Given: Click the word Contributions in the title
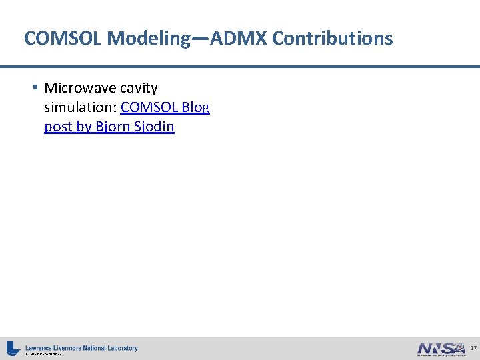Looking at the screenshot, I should click(333, 39).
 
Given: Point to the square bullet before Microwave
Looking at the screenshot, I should click(35, 87).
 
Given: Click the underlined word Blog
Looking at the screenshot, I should click(195, 107).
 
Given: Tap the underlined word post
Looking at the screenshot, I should click(59, 127).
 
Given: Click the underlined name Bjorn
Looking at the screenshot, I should click(113, 127).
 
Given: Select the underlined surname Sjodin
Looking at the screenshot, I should click(155, 127).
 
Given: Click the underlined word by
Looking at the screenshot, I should click(84, 127).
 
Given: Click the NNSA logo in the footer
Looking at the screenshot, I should click(440, 349).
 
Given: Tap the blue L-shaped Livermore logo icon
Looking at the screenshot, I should click(13, 348).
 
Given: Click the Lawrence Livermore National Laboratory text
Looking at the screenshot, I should click(81, 347).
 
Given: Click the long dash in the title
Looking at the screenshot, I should click(201, 39).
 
